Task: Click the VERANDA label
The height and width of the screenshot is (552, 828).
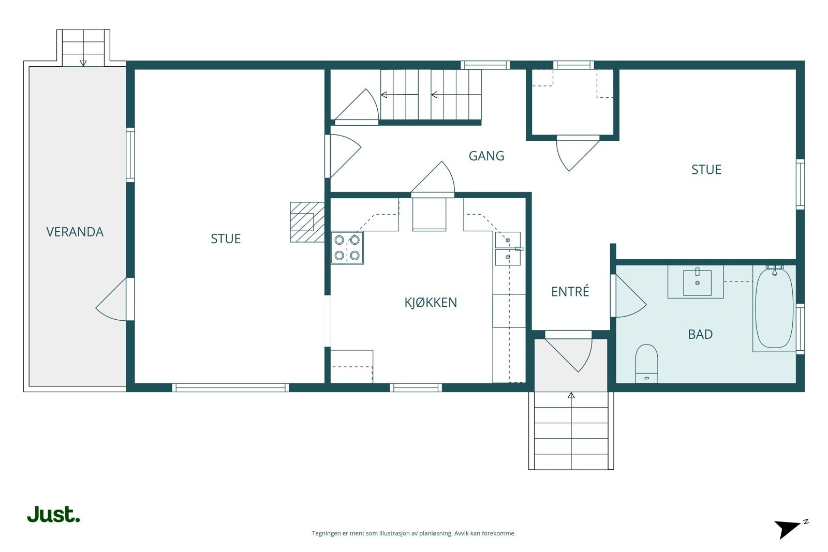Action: (75, 232)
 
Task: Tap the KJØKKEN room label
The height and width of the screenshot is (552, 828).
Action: (431, 302)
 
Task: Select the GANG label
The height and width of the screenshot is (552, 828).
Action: (486, 156)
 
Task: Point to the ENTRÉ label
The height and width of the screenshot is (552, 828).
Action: (570, 291)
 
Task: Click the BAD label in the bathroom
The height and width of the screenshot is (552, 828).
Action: (700, 334)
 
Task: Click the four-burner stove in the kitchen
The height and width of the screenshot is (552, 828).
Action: (347, 248)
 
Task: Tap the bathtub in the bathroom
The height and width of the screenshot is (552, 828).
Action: (774, 308)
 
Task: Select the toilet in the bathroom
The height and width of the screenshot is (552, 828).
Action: (646, 364)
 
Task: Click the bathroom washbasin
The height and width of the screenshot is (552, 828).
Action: (697, 282)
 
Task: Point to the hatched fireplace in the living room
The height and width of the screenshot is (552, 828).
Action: (307, 222)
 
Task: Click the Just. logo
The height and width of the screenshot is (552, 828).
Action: (54, 514)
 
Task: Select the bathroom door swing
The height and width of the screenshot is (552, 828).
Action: (628, 296)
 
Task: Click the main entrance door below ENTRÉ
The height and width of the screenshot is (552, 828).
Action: (569, 351)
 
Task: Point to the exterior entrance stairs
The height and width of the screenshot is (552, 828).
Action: (571, 431)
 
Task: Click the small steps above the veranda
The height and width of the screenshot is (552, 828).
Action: (83, 48)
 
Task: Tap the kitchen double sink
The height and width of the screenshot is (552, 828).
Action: (508, 249)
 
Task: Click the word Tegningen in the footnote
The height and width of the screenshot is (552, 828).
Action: (327, 533)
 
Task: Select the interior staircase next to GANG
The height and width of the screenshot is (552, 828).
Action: (431, 95)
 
